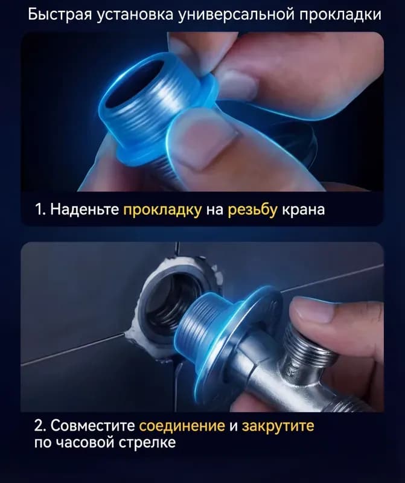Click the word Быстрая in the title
click(x=60, y=14)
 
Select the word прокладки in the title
click(x=340, y=14)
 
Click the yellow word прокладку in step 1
click(x=162, y=210)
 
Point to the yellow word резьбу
click(x=252, y=210)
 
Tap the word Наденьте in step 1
click(x=85, y=210)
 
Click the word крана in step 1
click(x=304, y=210)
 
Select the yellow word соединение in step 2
click(x=182, y=426)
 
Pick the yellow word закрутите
click(x=278, y=426)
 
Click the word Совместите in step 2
click(x=92, y=426)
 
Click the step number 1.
click(x=40, y=210)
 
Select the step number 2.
click(x=40, y=426)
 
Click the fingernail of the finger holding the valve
click(x=311, y=309)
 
